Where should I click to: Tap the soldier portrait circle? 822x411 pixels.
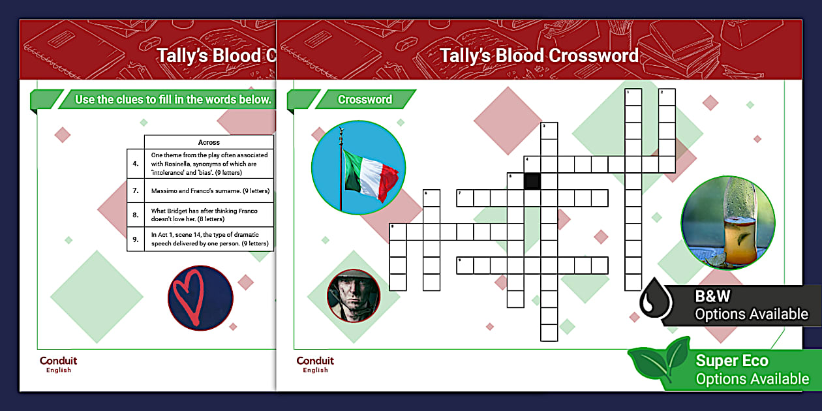click(x=353, y=296)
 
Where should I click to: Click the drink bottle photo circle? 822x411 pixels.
click(x=727, y=222)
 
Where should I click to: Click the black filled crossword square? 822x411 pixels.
click(x=532, y=181)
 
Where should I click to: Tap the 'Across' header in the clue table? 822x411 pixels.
click(x=209, y=142)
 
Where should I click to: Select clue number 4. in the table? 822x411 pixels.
click(x=136, y=164)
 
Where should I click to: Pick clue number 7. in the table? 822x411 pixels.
click(x=136, y=191)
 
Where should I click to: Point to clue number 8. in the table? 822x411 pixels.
click(x=136, y=215)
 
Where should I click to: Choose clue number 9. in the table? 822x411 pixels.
click(x=136, y=239)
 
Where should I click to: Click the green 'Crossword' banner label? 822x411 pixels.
click(x=365, y=100)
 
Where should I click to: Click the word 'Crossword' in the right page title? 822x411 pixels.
click(x=593, y=55)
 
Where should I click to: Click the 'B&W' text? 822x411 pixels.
click(x=712, y=296)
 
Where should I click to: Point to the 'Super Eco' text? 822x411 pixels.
click(x=732, y=361)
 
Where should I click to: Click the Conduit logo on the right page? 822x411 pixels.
click(x=315, y=364)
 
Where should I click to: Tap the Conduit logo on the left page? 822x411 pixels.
click(x=58, y=364)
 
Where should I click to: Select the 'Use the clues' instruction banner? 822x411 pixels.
click(x=172, y=100)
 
